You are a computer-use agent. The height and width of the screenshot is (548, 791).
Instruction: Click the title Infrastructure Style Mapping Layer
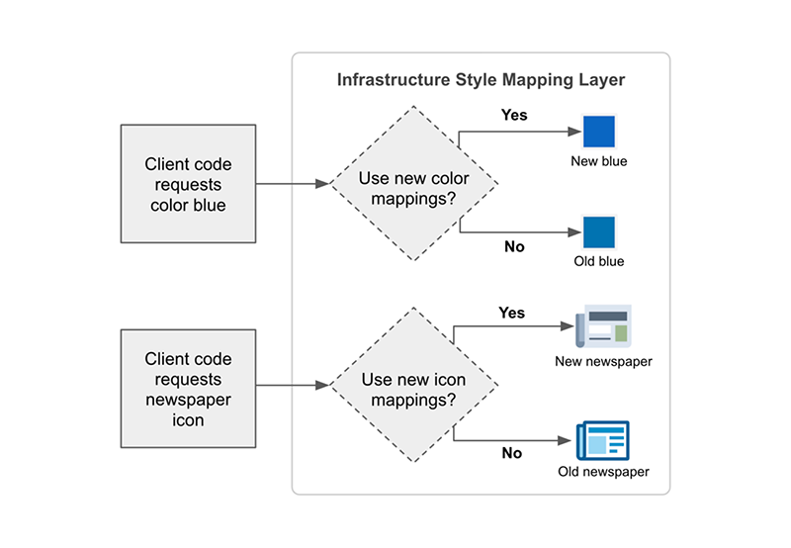click(481, 80)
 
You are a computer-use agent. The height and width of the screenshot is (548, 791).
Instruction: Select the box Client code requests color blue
click(188, 184)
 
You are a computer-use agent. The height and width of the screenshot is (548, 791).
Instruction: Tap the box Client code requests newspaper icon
click(188, 388)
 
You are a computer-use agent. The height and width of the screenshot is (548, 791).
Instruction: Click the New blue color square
click(599, 133)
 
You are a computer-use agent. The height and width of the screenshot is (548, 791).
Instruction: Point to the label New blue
click(599, 161)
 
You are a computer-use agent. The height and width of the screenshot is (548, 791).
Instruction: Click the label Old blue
click(599, 262)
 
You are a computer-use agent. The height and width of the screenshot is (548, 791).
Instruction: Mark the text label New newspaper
click(603, 361)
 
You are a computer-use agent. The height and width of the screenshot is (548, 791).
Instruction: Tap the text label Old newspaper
click(603, 472)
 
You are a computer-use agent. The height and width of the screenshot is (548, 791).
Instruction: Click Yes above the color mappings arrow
click(514, 115)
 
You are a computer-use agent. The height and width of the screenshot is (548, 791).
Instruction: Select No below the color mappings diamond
click(514, 246)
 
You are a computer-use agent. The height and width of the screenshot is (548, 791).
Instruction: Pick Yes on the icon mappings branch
click(511, 313)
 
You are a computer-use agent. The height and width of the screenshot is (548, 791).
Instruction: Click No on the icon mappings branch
click(511, 453)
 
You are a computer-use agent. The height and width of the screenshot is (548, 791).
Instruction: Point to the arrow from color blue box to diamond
click(292, 184)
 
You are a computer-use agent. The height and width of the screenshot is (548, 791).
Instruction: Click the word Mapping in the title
click(547, 80)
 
